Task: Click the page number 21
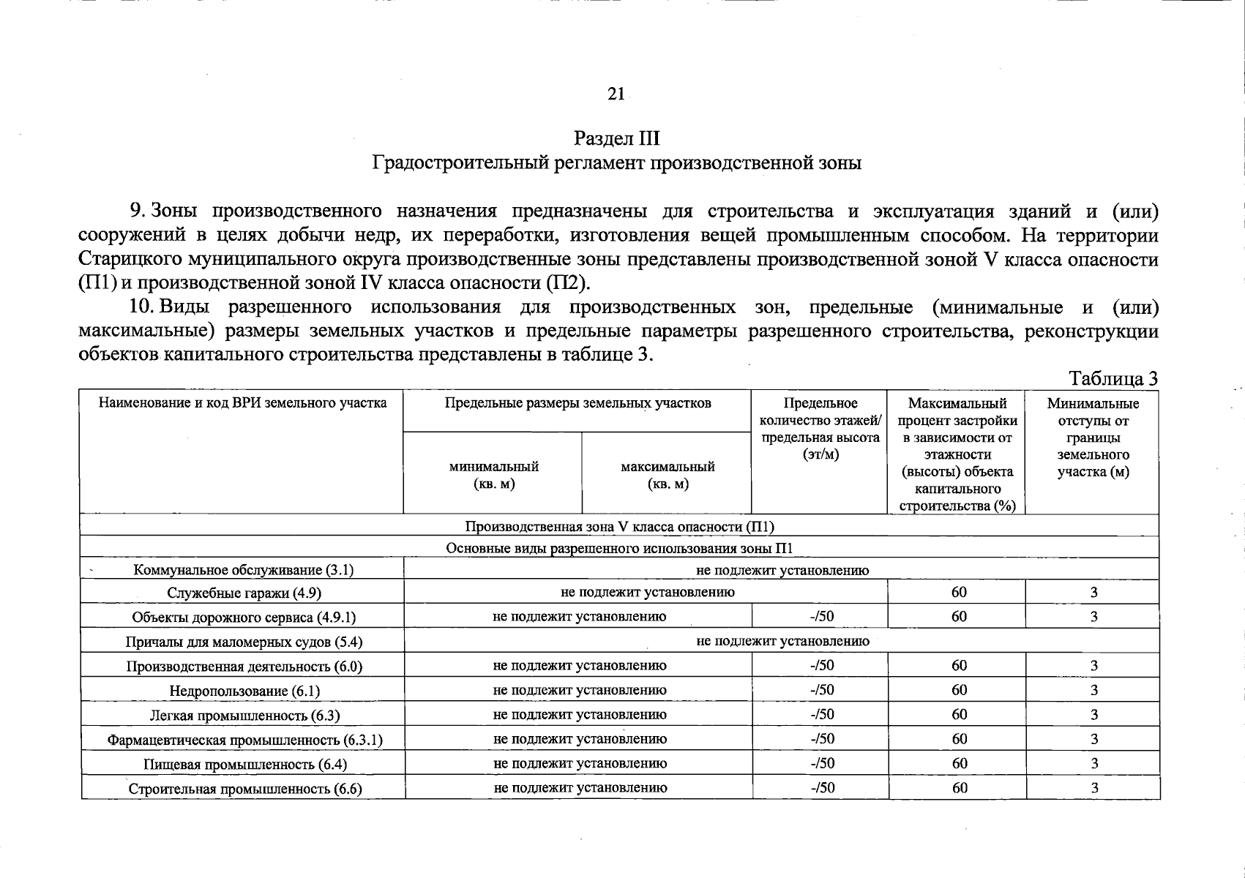click(616, 94)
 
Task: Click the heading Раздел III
click(617, 138)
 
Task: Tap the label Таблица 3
click(1113, 378)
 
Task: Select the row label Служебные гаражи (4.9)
click(244, 593)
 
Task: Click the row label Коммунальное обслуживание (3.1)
click(244, 570)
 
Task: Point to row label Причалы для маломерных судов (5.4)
click(244, 642)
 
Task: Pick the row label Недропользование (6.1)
click(244, 691)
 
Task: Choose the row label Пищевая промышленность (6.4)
click(244, 764)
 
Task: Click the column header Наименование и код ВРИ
click(242, 402)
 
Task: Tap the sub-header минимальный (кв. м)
click(494, 475)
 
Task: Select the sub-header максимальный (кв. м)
click(668, 475)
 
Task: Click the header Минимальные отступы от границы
click(1093, 437)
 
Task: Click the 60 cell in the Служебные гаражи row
click(959, 592)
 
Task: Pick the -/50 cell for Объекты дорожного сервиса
click(822, 616)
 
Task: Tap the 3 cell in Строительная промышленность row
click(1094, 788)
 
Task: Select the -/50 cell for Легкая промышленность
click(822, 714)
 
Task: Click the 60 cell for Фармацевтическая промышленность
click(959, 738)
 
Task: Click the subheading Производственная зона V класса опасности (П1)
click(619, 527)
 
